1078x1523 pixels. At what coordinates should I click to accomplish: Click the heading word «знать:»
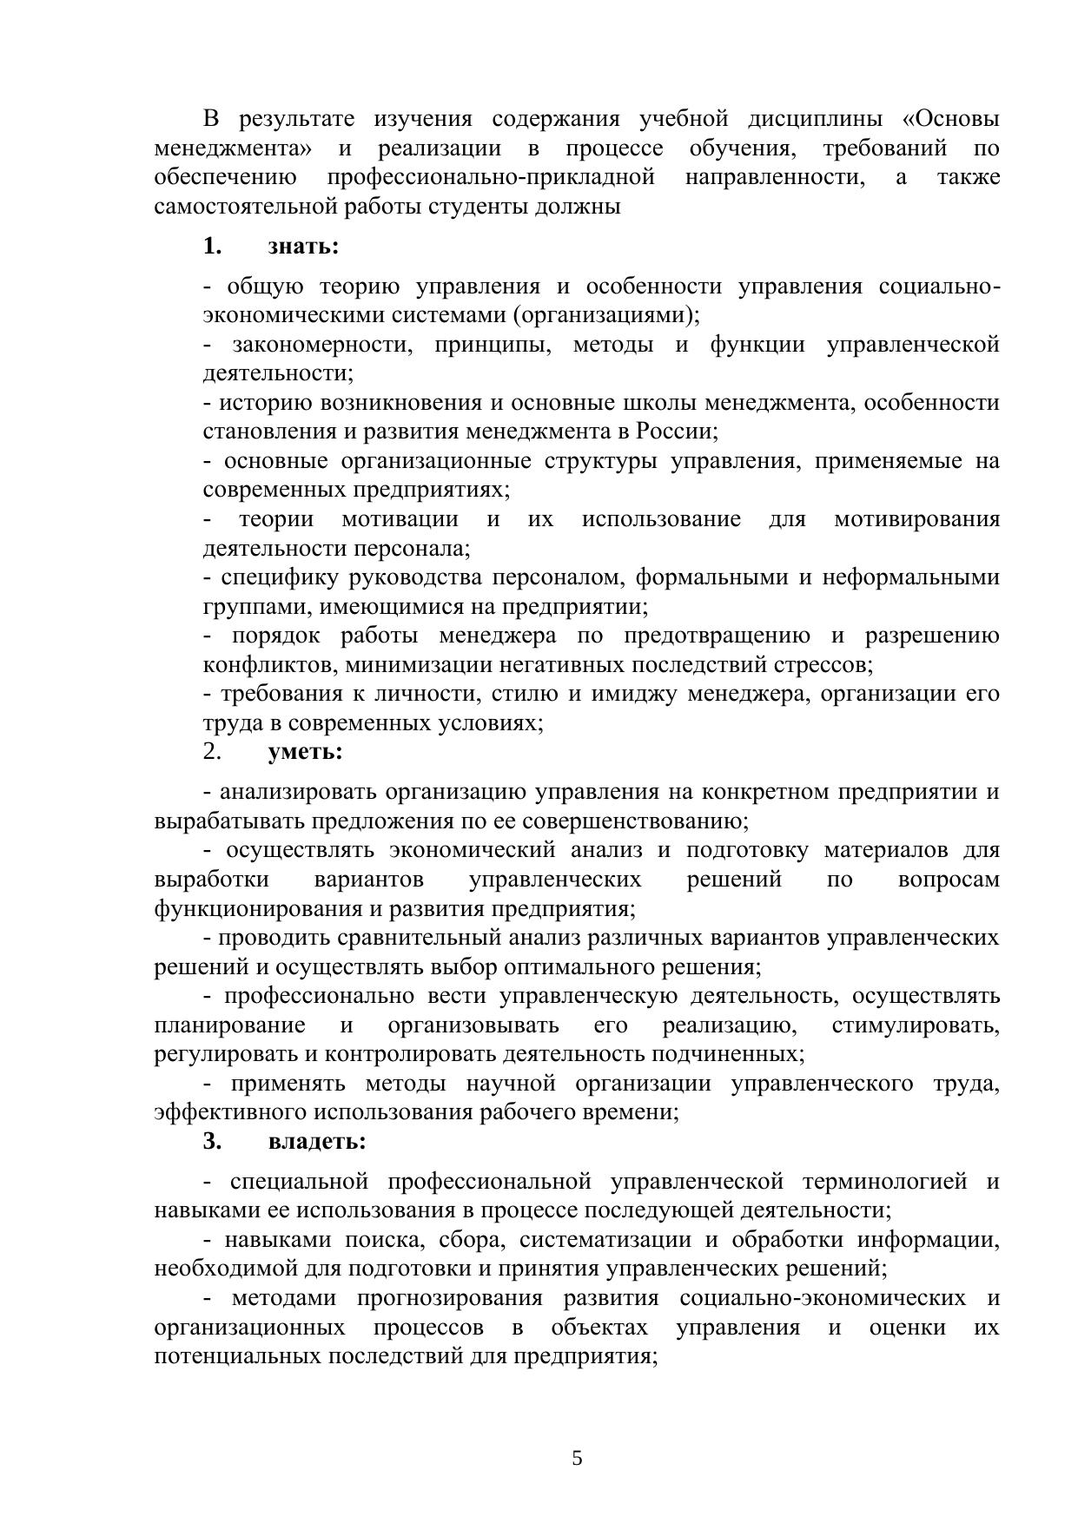pyautogui.click(x=303, y=247)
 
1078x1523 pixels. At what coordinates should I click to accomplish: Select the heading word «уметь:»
pyautogui.click(x=306, y=751)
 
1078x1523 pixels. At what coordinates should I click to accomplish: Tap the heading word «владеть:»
pyautogui.click(x=317, y=1141)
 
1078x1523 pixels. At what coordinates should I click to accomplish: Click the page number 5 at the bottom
pyautogui.click(x=578, y=1458)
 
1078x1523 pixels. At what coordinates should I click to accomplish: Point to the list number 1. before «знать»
pyautogui.click(x=213, y=247)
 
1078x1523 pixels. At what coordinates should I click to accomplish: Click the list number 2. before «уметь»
pyautogui.click(x=213, y=751)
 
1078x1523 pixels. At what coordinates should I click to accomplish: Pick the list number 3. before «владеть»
pyautogui.click(x=213, y=1141)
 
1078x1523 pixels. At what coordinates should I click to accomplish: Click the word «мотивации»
pyautogui.click(x=400, y=519)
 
